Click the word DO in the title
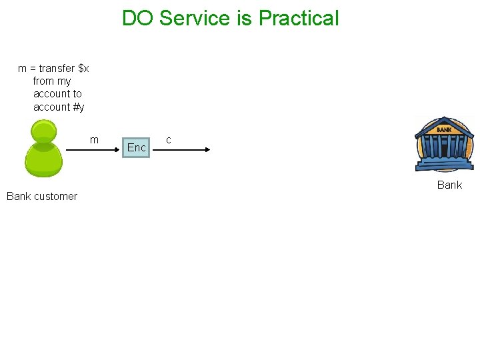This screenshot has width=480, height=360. pyautogui.click(x=138, y=18)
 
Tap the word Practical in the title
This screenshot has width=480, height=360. pyautogui.click(x=299, y=18)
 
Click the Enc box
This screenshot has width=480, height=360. pyautogui.click(x=136, y=147)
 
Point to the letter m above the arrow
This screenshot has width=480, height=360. pyautogui.click(x=94, y=139)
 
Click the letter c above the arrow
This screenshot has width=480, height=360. pyautogui.click(x=169, y=139)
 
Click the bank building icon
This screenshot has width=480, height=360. pyautogui.click(x=444, y=147)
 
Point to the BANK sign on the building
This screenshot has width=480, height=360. pyautogui.click(x=444, y=129)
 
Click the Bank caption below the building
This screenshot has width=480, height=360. pyautogui.click(x=449, y=185)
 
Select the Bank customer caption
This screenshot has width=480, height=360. pyautogui.click(x=42, y=196)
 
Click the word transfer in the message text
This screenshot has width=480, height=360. pyautogui.click(x=57, y=68)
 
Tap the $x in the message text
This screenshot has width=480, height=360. pyautogui.click(x=83, y=68)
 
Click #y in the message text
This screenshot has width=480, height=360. pyautogui.click(x=79, y=107)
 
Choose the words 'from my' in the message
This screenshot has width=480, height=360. pyautogui.click(x=52, y=81)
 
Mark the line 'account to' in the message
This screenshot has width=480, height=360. pyautogui.click(x=57, y=94)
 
